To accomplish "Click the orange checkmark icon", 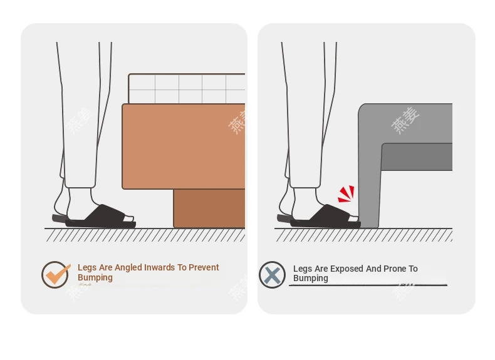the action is point(55,274).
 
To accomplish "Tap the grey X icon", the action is point(272,275).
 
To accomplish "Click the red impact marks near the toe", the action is point(346,193).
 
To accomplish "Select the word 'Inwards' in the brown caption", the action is point(145,267).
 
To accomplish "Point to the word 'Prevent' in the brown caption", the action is point(204,267).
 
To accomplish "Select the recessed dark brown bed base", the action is point(209,208).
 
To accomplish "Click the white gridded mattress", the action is point(187,89).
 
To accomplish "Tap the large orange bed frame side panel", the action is point(184,147).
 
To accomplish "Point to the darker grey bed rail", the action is point(417,157).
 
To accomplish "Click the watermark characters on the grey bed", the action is point(405,120).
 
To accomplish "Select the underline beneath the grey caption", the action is point(368,285).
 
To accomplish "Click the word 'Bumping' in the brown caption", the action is point(95,277).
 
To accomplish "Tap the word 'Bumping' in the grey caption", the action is point(311,278).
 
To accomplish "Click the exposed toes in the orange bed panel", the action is point(128,219).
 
